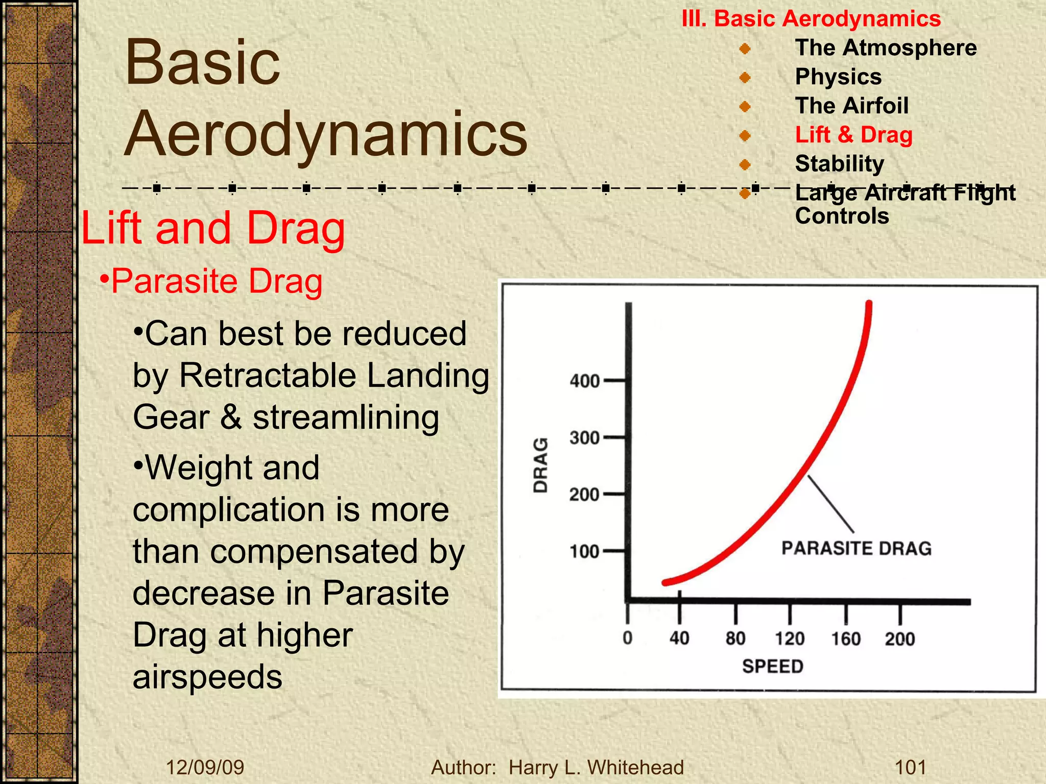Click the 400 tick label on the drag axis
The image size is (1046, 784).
584,381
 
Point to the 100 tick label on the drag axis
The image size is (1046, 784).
584,552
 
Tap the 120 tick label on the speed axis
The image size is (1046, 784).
790,639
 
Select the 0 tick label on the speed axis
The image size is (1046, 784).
628,638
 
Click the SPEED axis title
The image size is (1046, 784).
772,666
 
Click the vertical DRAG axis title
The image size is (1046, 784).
540,465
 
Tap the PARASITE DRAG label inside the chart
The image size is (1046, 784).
857,548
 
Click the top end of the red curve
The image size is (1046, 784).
869,305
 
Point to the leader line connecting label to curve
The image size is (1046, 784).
830,504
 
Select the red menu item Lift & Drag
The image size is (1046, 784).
853,135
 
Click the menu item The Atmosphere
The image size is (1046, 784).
886,47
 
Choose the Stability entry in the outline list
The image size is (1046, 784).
839,164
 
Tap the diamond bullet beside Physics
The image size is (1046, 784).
745,78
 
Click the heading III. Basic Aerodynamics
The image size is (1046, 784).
811,19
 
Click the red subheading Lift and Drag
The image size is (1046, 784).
213,228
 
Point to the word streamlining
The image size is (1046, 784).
346,418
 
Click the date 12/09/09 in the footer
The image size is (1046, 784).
205,767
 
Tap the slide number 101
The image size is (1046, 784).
911,767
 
